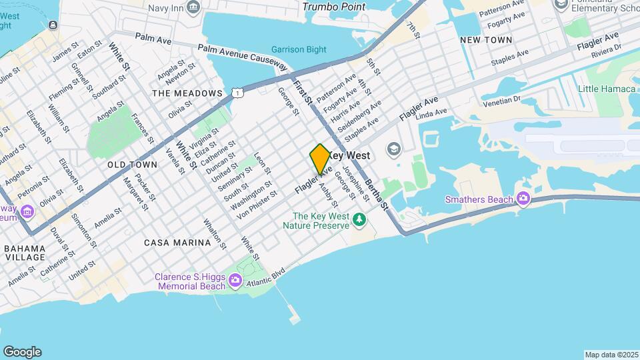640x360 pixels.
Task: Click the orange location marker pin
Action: (x=320, y=159)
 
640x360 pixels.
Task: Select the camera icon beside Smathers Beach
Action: (x=523, y=199)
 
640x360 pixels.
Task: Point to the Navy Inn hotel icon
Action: (x=193, y=8)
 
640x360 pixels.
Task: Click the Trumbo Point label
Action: (x=334, y=7)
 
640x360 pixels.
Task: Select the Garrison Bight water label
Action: (x=299, y=49)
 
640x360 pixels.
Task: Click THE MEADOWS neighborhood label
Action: (x=187, y=93)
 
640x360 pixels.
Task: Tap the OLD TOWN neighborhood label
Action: (x=132, y=164)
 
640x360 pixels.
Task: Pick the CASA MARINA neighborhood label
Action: (x=177, y=243)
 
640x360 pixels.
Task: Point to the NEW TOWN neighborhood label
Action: (x=486, y=40)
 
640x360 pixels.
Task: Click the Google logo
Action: (x=22, y=352)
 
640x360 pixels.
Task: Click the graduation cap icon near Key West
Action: (x=393, y=148)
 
